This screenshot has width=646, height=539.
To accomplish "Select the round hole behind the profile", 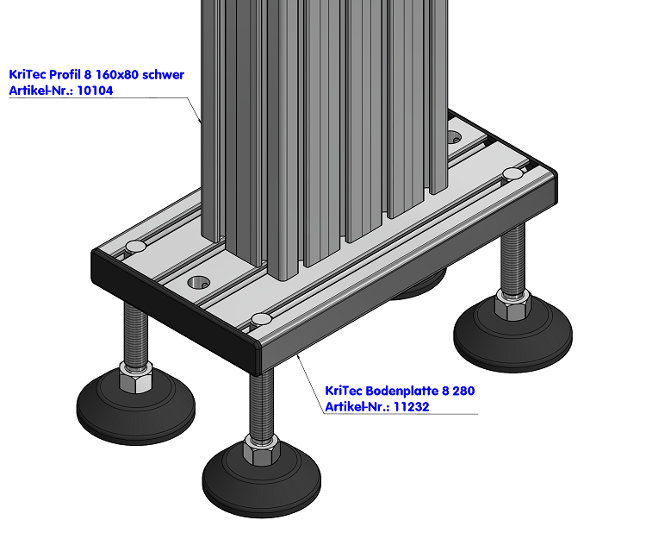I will click(x=456, y=134).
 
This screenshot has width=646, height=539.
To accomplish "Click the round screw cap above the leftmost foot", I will click(x=136, y=248).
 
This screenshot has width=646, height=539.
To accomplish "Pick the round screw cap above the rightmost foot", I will click(x=512, y=174).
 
